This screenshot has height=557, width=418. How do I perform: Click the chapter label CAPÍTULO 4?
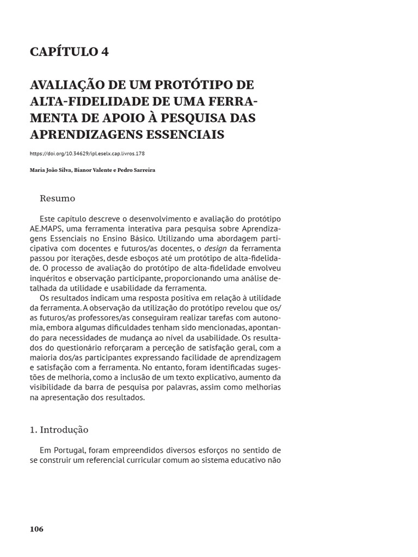click(69, 52)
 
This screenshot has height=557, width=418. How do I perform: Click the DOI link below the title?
click(87, 154)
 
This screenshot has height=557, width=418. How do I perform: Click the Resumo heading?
click(58, 199)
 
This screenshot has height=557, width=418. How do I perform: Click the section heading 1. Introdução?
click(59, 430)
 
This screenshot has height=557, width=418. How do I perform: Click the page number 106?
click(36, 529)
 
